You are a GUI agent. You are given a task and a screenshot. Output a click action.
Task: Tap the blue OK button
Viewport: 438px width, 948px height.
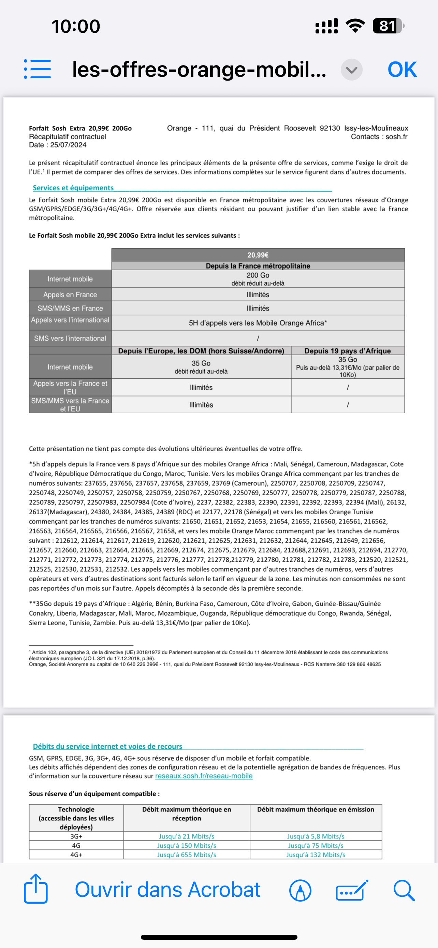click(x=402, y=69)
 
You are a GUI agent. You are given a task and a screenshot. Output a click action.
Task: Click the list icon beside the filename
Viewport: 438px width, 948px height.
click(x=37, y=69)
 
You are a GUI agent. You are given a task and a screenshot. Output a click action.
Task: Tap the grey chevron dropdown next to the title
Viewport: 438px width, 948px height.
click(x=352, y=70)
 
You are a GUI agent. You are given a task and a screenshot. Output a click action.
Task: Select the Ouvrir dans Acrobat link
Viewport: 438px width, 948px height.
click(x=168, y=890)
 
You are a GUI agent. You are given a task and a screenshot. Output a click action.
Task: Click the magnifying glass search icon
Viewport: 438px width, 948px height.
click(x=404, y=890)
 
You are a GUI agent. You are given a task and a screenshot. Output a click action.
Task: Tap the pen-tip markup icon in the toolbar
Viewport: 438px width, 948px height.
click(x=300, y=891)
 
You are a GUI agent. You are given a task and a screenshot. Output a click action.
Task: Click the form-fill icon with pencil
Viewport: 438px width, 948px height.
click(x=352, y=891)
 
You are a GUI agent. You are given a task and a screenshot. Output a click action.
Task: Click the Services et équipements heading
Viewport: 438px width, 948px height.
click(x=73, y=188)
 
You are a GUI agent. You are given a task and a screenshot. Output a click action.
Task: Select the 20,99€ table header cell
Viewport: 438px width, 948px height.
click(x=258, y=255)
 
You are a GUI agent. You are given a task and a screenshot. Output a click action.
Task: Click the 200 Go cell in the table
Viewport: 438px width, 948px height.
click(x=258, y=278)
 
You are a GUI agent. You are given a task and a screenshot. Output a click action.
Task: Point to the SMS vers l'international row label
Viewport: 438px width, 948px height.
click(x=70, y=338)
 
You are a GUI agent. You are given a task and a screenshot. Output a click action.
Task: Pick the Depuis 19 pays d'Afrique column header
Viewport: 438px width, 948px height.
click(x=348, y=351)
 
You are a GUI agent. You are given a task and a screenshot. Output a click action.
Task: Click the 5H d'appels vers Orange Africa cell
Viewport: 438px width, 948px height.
click(x=258, y=323)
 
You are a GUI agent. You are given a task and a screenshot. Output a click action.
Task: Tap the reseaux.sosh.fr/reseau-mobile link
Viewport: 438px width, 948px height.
click(x=204, y=776)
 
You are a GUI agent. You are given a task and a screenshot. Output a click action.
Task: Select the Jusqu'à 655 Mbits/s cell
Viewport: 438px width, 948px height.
click(x=187, y=854)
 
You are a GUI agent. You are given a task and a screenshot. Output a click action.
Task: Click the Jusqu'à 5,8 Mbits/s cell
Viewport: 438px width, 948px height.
click(x=316, y=836)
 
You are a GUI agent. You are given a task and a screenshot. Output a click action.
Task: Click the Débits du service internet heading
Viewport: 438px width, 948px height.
click(x=107, y=746)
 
